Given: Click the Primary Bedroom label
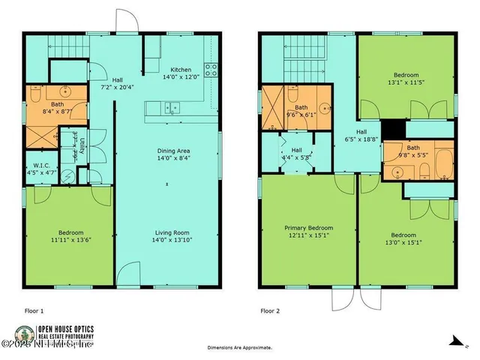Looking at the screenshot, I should (x=308, y=227).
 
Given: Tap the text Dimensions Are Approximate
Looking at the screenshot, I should (x=240, y=348).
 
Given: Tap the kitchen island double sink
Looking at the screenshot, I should (x=173, y=107).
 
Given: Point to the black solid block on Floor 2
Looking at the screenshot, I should (x=392, y=130).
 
